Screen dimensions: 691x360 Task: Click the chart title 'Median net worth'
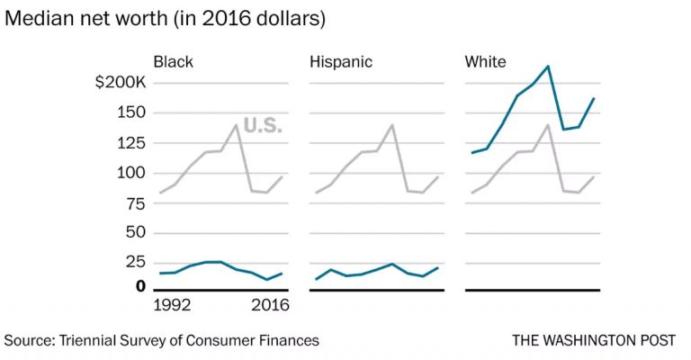click(86, 19)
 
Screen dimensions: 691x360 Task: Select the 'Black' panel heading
click(173, 62)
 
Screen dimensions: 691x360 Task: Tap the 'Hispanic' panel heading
click(341, 62)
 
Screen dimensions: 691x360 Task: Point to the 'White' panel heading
click(485, 62)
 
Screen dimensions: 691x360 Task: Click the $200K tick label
click(121, 83)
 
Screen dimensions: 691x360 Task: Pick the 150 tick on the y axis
click(130, 112)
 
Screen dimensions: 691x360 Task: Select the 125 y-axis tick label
click(130, 143)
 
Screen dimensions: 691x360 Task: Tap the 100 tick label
click(130, 173)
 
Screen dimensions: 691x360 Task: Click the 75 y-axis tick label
click(135, 203)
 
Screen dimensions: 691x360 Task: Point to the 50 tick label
click(135, 233)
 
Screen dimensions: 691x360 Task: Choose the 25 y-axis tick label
click(135, 263)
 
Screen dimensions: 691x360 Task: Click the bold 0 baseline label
click(140, 286)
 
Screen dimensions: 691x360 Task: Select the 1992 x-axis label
click(173, 305)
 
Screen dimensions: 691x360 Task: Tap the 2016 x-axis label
click(270, 305)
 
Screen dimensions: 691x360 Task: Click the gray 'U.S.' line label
click(263, 126)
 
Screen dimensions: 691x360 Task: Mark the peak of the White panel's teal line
click(548, 66)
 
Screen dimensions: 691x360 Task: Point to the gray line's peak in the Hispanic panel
click(391, 125)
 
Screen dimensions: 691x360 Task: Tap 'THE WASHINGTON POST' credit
click(594, 340)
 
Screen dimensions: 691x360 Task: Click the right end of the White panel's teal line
click(594, 98)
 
